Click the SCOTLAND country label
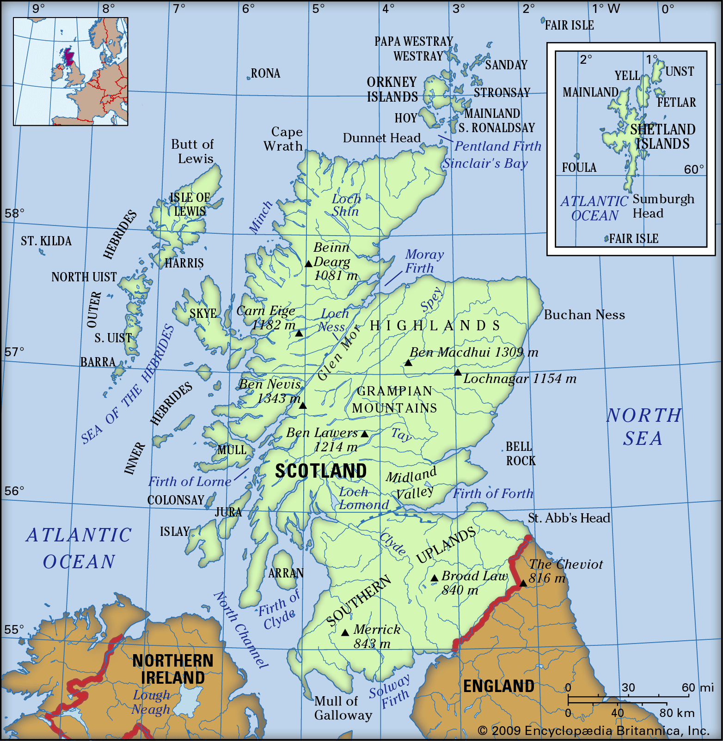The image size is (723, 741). [x=321, y=471]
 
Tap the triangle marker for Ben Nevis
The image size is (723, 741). [x=303, y=406]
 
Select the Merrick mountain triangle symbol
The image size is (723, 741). [x=345, y=632]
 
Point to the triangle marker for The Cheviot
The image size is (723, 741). [x=523, y=583]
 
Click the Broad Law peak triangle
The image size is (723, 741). [x=435, y=578]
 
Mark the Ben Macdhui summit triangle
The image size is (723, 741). [x=408, y=363]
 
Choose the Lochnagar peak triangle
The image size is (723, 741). [x=458, y=372]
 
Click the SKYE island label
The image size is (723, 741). [x=203, y=314]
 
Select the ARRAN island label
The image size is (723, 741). [x=286, y=573]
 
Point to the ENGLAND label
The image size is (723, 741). [x=499, y=686]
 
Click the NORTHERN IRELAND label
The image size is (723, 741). [x=173, y=669]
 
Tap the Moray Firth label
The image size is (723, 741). [x=424, y=261]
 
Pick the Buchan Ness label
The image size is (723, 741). [x=584, y=315]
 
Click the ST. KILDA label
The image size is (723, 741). [x=46, y=241]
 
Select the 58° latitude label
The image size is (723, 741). [x=14, y=213]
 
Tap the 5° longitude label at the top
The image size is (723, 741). [x=319, y=9]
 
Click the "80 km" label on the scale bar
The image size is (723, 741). [x=677, y=713]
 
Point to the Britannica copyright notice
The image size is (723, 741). [x=594, y=731]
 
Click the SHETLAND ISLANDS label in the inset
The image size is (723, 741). [x=662, y=137]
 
